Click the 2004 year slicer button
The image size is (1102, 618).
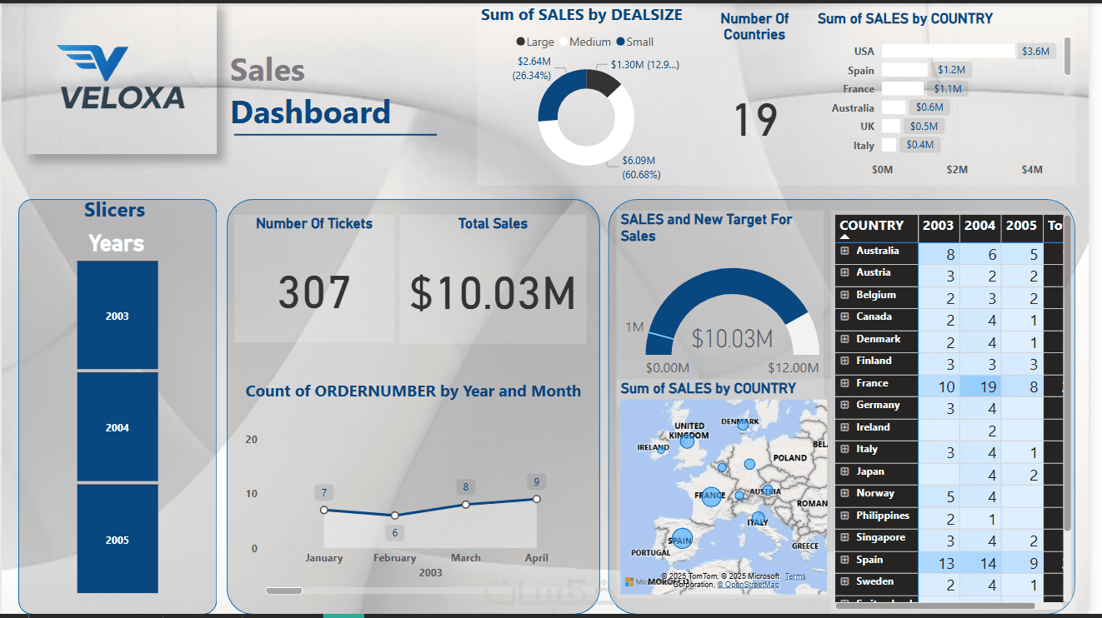[118, 427]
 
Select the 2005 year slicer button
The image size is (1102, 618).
[118, 540]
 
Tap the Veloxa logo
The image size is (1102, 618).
[122, 78]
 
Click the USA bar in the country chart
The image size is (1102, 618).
[949, 51]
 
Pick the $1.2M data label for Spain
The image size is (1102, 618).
[951, 70]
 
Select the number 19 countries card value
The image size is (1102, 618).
[755, 120]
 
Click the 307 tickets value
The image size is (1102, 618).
[314, 293]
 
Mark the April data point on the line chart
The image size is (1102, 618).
[537, 499]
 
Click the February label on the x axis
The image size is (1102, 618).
[395, 558]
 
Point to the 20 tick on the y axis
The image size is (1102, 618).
[252, 440]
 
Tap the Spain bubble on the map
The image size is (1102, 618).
[682, 539]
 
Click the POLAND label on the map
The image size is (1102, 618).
[789, 457]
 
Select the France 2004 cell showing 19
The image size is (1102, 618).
[979, 386]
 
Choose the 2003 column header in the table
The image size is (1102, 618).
[938, 226]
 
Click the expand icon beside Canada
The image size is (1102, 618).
[844, 316]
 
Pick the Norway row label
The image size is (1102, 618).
[874, 493]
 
